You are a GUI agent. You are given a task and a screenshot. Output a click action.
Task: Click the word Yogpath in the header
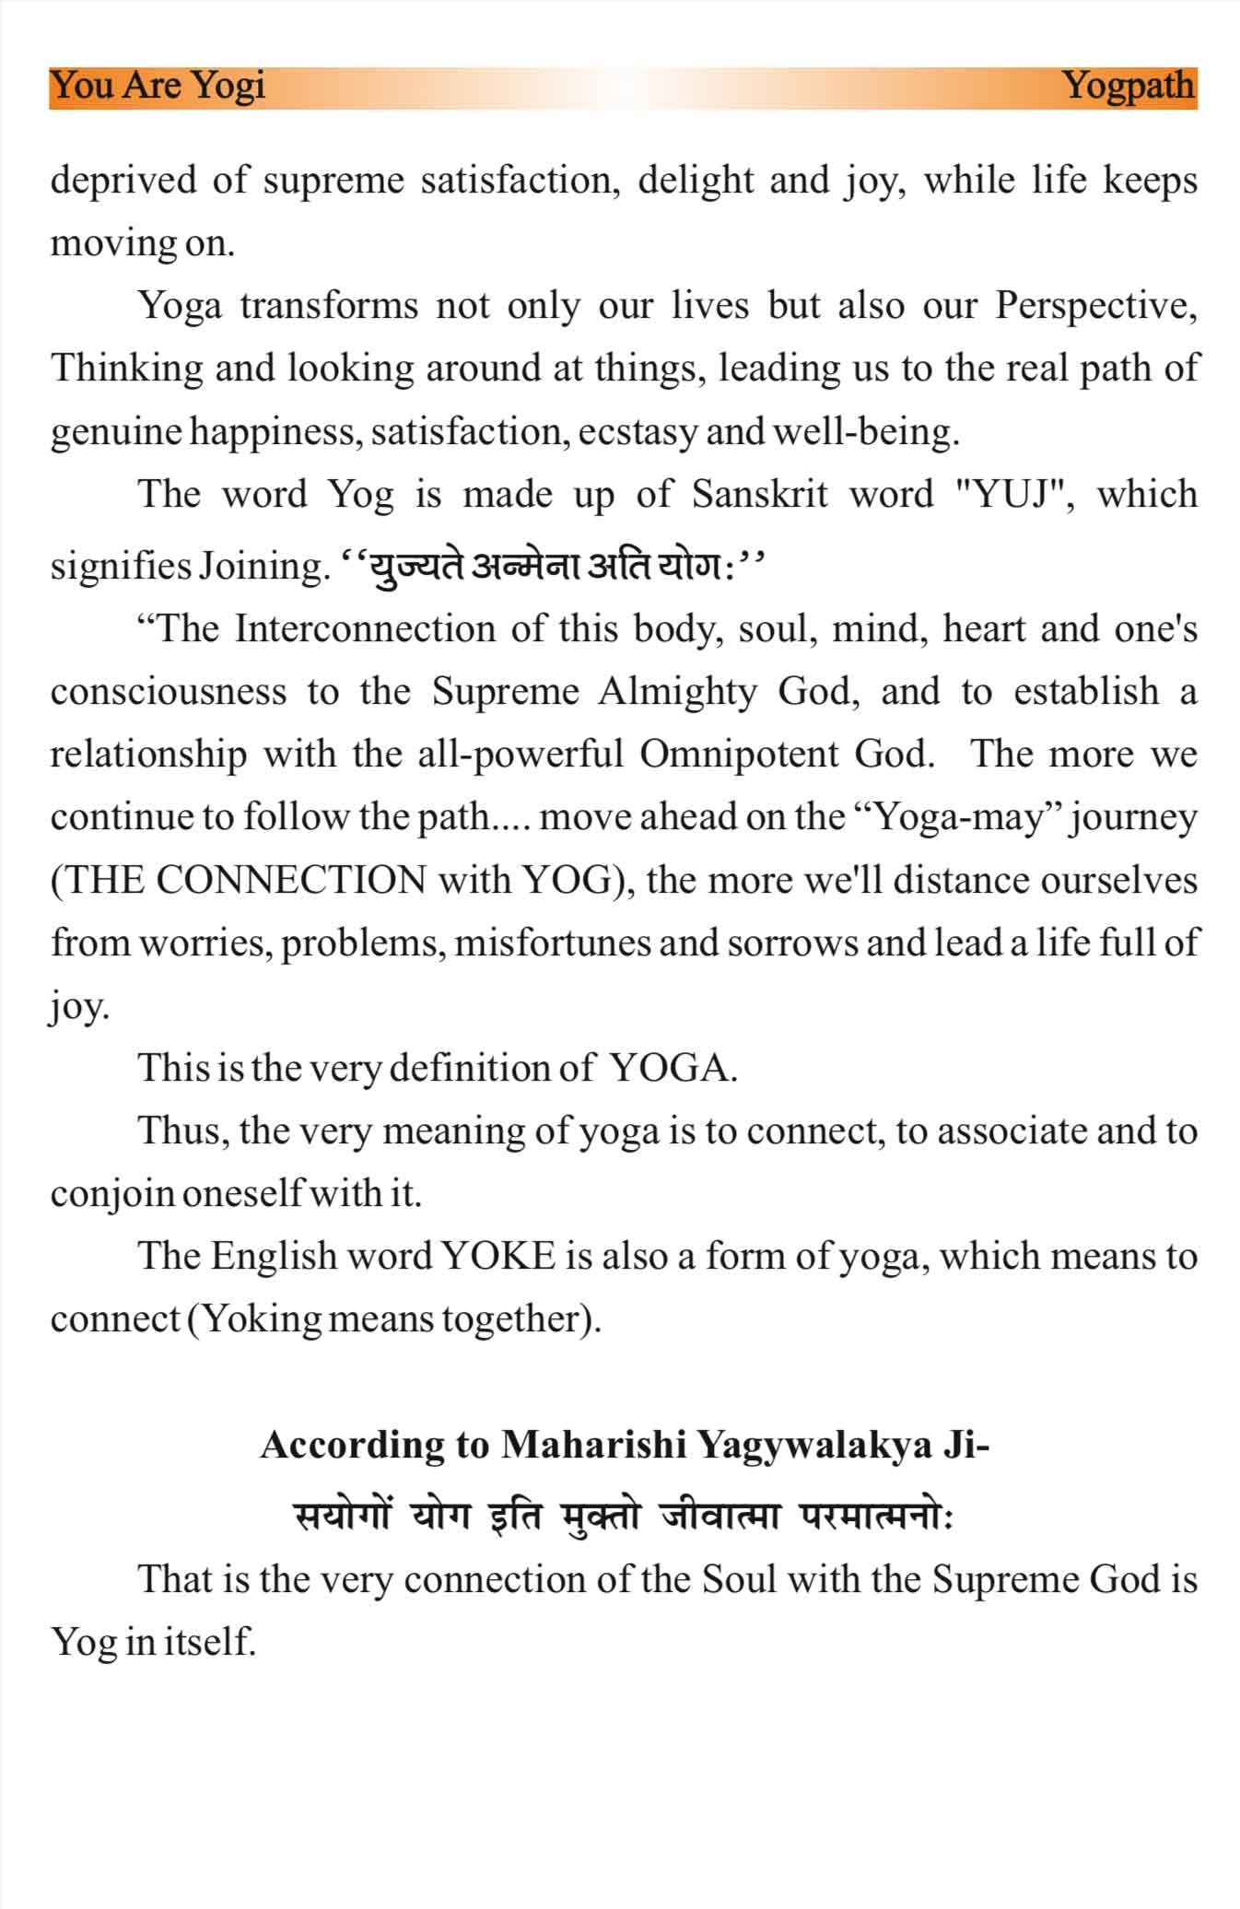[x=1129, y=87]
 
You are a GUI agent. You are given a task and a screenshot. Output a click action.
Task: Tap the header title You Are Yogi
[x=158, y=87]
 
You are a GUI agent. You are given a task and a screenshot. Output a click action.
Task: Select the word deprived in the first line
[x=123, y=181]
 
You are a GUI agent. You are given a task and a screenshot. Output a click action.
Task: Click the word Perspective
[x=1094, y=306]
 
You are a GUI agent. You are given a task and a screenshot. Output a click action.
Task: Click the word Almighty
[x=677, y=692]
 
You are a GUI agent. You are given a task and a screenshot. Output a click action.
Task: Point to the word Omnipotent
[x=740, y=755]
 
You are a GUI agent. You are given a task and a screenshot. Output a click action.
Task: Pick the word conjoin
[x=112, y=1195]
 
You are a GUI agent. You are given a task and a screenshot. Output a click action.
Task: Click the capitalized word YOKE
[x=498, y=1257]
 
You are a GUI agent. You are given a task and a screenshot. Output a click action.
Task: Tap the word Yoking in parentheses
[x=261, y=1320]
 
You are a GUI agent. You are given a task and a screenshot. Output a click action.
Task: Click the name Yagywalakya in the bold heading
[x=814, y=1445]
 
